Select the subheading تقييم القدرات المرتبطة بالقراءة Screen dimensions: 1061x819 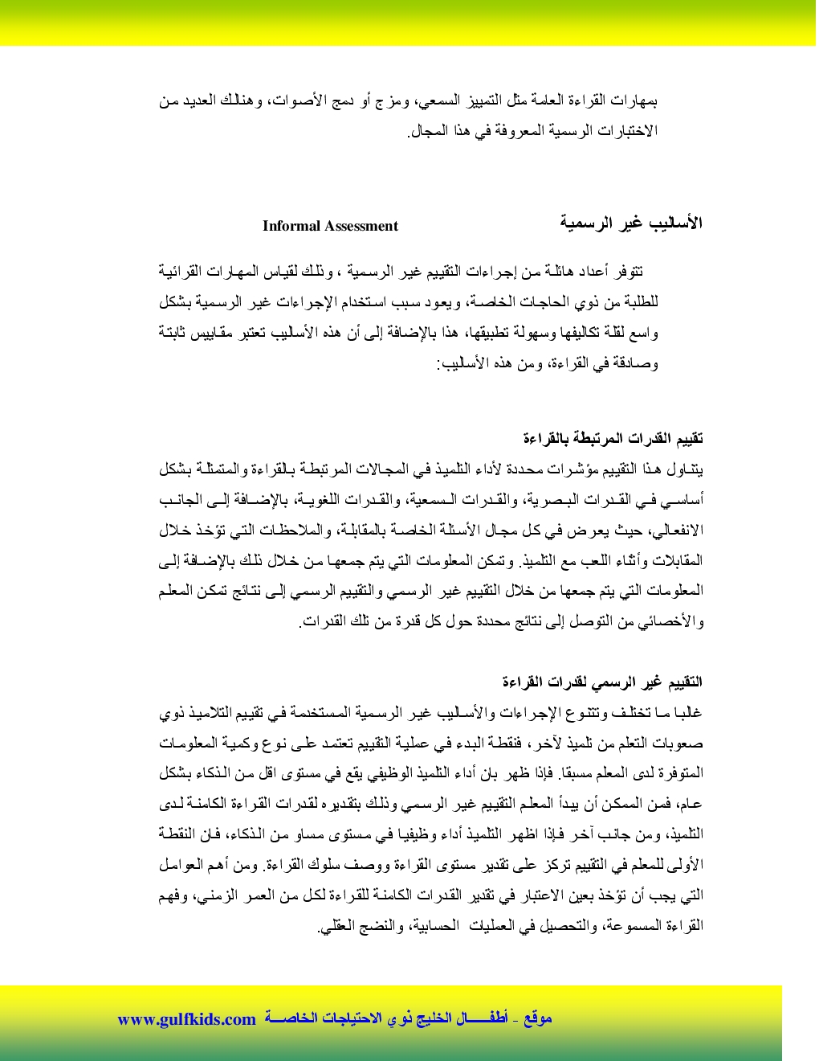pos(613,438)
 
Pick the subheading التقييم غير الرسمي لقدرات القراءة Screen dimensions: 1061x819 pos(602,682)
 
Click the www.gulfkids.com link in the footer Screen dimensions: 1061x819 pos(186,1019)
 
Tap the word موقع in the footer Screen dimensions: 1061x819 pos(537,1019)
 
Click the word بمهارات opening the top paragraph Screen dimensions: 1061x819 pos(635,101)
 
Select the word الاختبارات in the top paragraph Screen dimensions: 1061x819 pos(630,130)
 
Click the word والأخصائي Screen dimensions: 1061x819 pos(671,621)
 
